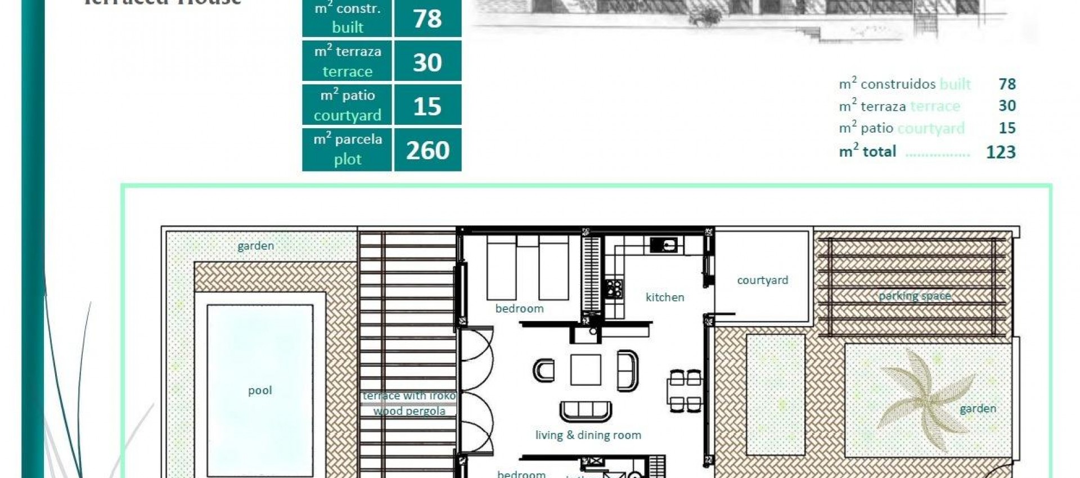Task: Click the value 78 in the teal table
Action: point(427,19)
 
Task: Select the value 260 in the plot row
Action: point(427,150)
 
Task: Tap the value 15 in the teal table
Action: point(427,106)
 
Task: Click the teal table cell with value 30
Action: point(427,62)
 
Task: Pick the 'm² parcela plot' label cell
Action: point(347,150)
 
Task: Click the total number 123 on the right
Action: point(1001,152)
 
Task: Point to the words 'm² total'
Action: point(867,151)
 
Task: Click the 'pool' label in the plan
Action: point(260,390)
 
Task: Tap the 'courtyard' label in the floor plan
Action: point(762,280)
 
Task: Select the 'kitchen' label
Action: point(665,297)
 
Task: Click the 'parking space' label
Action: point(915,296)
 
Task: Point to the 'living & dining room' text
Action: point(588,435)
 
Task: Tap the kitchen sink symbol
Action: point(664,245)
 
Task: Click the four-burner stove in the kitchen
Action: point(614,288)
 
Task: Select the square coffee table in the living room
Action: point(586,369)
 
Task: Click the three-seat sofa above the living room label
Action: point(586,411)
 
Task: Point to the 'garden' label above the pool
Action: point(255,246)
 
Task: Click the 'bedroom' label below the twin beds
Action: point(519,308)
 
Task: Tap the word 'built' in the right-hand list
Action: point(955,84)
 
